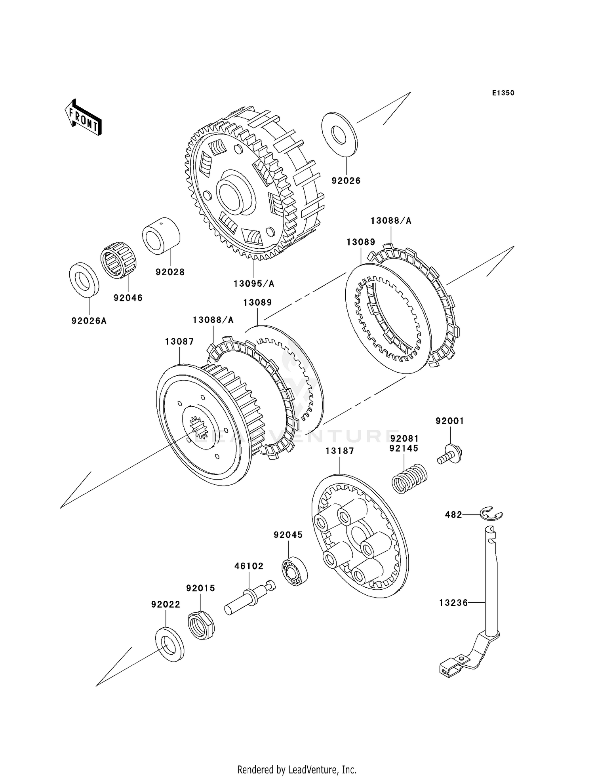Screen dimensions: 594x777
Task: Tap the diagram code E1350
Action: (x=503, y=93)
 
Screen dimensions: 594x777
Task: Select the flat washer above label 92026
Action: (x=340, y=135)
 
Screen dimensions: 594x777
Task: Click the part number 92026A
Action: (x=89, y=321)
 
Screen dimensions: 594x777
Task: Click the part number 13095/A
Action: (x=254, y=284)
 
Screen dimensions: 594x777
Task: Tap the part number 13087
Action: (x=179, y=341)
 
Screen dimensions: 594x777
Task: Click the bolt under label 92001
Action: (x=450, y=454)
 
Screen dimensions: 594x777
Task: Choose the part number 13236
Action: (x=453, y=603)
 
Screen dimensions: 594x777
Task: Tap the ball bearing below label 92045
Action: (x=295, y=571)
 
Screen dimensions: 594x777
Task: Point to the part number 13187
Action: (x=340, y=451)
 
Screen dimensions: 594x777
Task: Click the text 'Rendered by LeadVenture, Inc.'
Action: (x=297, y=769)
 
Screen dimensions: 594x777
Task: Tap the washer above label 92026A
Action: (x=84, y=280)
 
